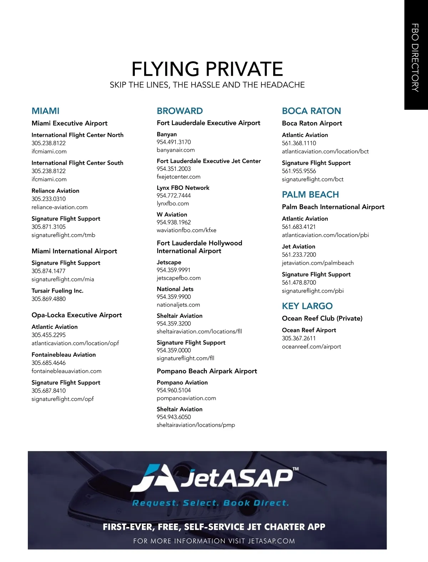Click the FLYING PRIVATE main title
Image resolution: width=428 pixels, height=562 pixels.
207,69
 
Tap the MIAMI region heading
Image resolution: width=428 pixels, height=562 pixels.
45,111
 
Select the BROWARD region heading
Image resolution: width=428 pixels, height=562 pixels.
180,111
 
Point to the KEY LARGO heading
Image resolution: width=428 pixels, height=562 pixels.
307,306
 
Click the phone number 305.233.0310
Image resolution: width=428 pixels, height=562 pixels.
49,199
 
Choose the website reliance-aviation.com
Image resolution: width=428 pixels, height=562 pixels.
59,207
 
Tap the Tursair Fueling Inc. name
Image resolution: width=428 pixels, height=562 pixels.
57,291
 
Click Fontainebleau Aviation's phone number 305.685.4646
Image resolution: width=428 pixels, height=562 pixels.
49,363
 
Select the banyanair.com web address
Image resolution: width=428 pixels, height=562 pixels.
175,150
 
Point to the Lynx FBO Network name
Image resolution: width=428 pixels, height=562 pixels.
183,188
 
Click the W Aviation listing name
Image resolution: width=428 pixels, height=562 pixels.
172,214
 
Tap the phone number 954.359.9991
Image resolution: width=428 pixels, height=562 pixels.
173,270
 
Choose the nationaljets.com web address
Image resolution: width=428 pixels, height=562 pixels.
178,305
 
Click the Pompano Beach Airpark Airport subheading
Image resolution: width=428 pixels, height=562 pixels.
207,371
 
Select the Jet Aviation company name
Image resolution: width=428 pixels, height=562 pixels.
299,247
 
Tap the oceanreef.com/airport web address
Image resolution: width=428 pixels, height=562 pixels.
311,346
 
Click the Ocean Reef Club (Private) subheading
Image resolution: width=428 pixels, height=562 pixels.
322,318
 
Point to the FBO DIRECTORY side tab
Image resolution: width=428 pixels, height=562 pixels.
416,57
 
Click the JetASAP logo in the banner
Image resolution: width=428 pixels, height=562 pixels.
214,479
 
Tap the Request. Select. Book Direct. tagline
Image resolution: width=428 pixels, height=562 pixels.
210,503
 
